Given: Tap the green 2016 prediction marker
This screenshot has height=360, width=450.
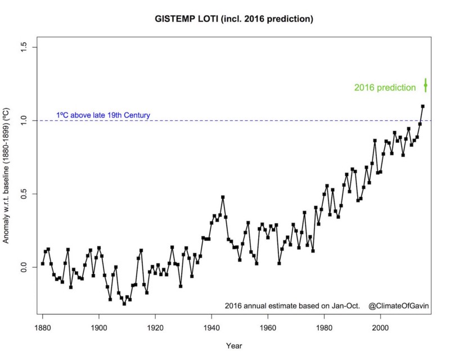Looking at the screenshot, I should click(425, 85).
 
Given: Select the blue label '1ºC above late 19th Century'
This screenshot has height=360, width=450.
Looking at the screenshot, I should click(103, 115).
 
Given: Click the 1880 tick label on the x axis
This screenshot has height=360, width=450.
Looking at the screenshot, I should click(43, 326).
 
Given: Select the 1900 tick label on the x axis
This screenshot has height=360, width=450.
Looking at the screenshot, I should click(99, 326).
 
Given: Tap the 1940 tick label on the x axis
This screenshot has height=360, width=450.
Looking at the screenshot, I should click(211, 326).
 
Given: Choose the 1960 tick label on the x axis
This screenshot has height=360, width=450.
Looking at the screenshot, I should click(268, 326).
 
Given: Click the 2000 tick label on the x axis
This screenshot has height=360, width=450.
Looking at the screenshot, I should click(381, 326).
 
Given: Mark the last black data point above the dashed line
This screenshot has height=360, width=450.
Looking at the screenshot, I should click(422, 106).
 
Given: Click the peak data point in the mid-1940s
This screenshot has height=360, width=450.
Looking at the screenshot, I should click(223, 197).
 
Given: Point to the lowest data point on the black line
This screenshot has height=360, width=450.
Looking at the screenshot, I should click(124, 304).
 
